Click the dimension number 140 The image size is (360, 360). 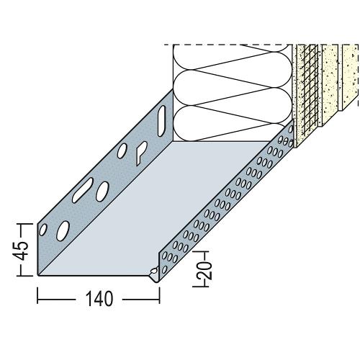[x=99, y=299]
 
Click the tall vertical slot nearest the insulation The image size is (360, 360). [x=162, y=121]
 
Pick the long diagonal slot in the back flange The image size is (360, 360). [x=83, y=190]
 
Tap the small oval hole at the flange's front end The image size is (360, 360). [x=43, y=230]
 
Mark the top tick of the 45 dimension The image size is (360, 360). [x=25, y=224]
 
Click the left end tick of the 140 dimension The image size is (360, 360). [x=37, y=296]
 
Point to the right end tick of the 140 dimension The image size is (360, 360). [x=159, y=296]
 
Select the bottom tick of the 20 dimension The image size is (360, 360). [x=201, y=286]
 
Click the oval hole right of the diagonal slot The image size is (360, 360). [x=102, y=192]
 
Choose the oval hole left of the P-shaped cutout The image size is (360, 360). [x=122, y=150]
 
